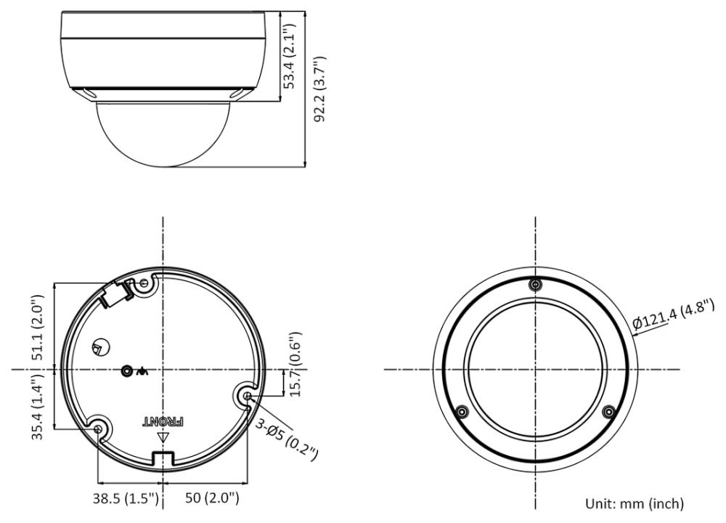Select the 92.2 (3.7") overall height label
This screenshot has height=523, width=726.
tap(320, 89)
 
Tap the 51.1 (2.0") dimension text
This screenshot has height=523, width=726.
tap(38, 327)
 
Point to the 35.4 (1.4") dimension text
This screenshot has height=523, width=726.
tap(38, 406)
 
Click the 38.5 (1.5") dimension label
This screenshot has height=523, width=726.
tap(126, 498)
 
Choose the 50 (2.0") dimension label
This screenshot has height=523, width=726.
tap(212, 498)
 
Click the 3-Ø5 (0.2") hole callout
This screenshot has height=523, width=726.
tap(287, 439)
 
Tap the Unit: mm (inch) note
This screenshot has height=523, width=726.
tap(635, 503)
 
